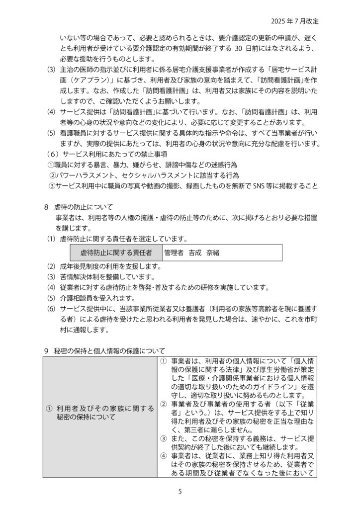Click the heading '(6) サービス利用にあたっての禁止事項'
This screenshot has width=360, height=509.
click(x=100, y=154)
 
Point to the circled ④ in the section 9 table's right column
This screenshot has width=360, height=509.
click(x=163, y=455)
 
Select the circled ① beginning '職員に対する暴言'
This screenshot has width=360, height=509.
click(x=50, y=165)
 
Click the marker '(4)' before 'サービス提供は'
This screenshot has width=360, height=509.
click(x=51, y=112)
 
